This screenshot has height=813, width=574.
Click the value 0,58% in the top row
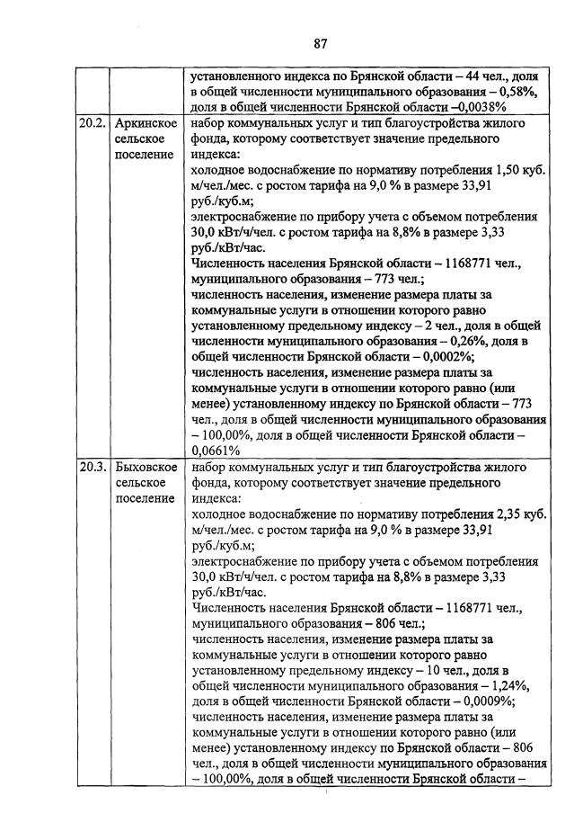pos(513,91)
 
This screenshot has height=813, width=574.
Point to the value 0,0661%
pos(216,451)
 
